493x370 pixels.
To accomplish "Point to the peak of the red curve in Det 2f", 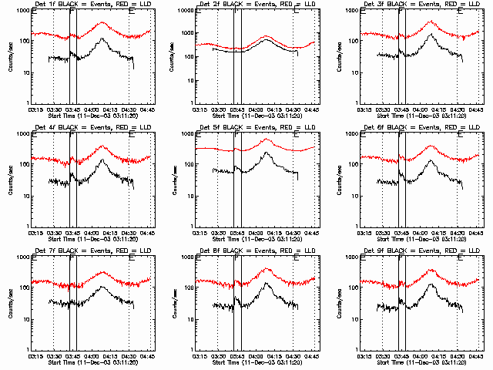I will [x=267, y=36].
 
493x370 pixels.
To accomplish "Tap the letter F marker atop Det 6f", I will [x=401, y=135].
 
